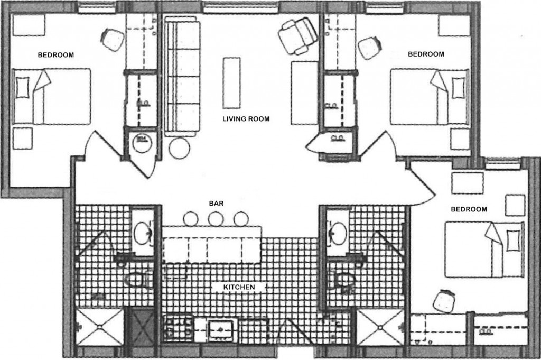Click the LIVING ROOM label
point(245,119)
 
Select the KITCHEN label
point(239,287)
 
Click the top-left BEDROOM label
point(55,54)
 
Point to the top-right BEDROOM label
point(426,54)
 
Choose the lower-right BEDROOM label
point(469,209)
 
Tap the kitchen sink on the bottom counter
point(220,331)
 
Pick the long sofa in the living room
point(182,77)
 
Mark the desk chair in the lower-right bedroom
point(443,301)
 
